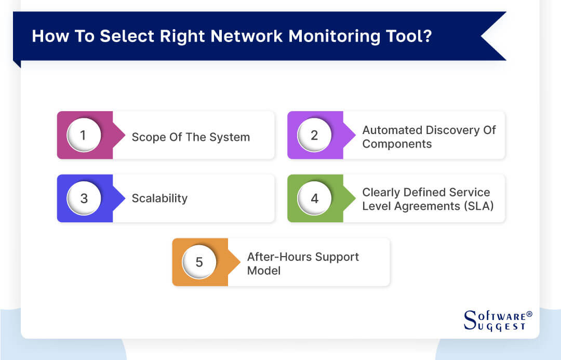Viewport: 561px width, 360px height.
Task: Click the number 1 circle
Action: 84,135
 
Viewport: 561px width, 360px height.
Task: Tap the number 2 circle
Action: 314,135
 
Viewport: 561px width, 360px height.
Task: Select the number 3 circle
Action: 84,198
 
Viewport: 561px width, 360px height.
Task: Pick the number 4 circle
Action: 314,198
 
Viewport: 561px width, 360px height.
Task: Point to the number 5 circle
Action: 199,262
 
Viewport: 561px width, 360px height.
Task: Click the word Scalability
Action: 159,198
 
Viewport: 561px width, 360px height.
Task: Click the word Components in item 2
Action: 397,144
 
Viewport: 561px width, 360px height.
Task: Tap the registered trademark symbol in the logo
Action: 529,314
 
